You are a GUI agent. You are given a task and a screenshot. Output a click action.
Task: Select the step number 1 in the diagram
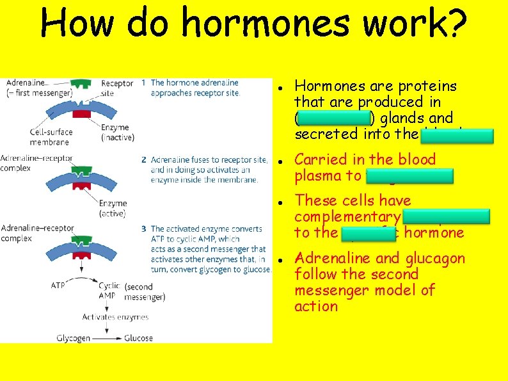(x=144, y=83)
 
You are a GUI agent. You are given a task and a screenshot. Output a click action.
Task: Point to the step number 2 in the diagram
(x=144, y=159)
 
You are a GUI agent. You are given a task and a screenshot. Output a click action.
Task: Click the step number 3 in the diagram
(x=144, y=229)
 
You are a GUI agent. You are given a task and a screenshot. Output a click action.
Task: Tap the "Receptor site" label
(x=117, y=88)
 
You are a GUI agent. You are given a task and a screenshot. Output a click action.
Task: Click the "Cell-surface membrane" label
(x=51, y=137)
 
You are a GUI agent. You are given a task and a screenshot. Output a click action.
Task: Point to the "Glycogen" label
(x=72, y=337)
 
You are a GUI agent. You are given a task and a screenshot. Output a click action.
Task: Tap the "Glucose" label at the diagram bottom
(x=138, y=337)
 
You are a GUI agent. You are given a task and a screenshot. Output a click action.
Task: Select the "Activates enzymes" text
(x=115, y=317)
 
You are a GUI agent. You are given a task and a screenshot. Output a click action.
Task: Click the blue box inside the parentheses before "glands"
(x=335, y=118)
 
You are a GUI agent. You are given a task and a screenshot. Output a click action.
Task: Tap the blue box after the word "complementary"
(x=446, y=216)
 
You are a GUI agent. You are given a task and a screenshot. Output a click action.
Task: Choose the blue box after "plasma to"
(x=409, y=176)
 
